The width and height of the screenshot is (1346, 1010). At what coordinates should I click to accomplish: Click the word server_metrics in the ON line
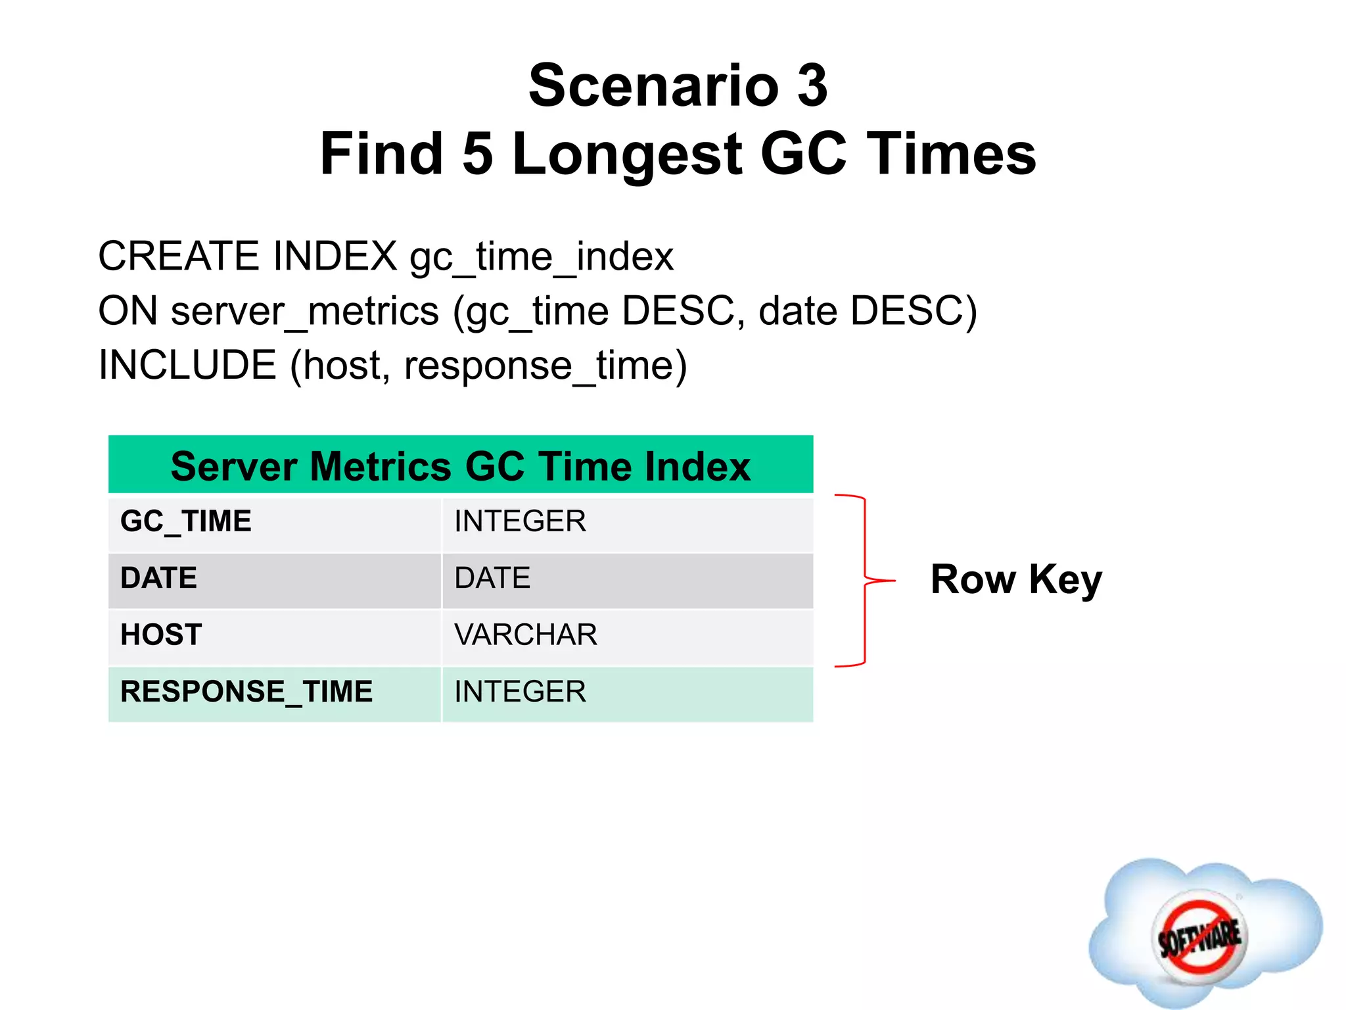point(304,311)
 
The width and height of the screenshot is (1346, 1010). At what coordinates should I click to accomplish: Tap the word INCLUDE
point(187,366)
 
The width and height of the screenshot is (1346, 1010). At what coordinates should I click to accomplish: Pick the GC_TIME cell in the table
point(186,521)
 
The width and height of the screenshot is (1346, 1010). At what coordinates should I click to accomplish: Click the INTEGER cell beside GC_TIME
point(520,521)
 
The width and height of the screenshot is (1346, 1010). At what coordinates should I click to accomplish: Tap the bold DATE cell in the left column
point(158,578)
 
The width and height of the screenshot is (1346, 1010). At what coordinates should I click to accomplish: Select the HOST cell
point(161,635)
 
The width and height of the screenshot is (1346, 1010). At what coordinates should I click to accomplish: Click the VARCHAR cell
point(526,635)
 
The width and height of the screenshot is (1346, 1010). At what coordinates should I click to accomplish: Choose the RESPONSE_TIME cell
point(246,692)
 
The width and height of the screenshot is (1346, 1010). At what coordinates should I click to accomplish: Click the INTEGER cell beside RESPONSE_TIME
point(520,692)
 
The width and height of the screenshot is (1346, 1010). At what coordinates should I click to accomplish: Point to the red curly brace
point(864,581)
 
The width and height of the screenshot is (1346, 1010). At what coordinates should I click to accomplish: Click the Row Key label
point(1016,580)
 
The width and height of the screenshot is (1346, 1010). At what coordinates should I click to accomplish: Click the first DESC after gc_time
point(678,311)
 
